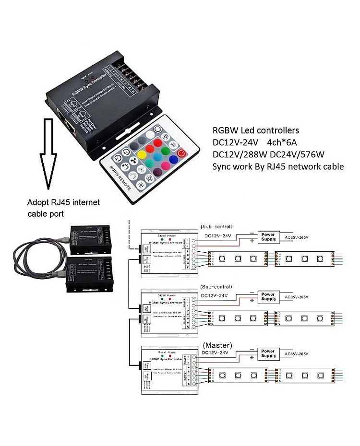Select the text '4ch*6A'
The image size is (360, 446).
click(x=283, y=142)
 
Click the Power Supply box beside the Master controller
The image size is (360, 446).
click(x=268, y=353)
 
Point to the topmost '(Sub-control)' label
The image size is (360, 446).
click(x=216, y=226)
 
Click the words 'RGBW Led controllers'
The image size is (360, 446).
click(x=256, y=130)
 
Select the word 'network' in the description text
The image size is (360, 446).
click(x=299, y=166)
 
